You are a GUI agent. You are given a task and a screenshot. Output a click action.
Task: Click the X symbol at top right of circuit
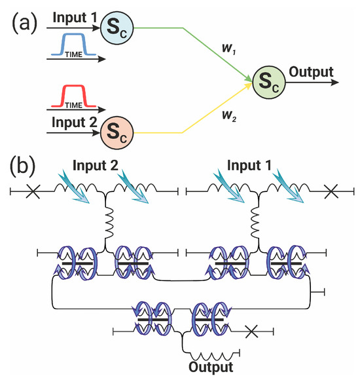coord(332,191)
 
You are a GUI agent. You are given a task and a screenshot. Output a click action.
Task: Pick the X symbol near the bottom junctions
coord(251,331)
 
